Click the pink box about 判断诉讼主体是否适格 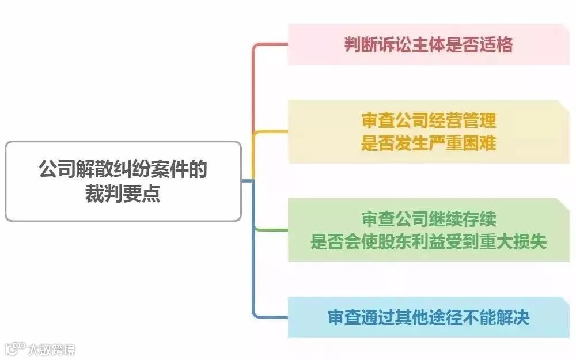(429, 44)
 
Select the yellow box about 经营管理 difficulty (429, 132)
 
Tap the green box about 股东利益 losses (429, 230)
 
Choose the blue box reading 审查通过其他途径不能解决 (429, 317)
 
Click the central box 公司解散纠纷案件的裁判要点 (123, 181)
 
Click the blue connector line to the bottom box (253, 271)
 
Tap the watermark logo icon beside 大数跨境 (15, 348)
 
